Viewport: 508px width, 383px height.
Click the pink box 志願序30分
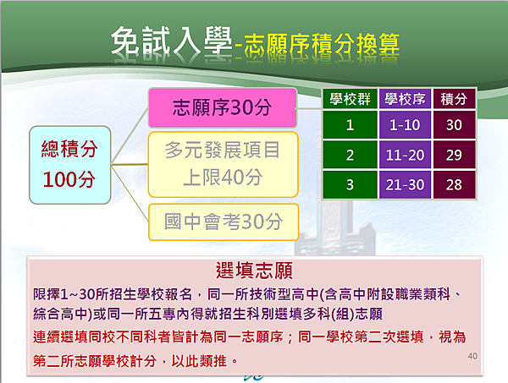[x=223, y=107]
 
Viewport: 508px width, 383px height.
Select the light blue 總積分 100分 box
[x=70, y=165]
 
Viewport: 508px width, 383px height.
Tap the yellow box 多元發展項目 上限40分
[x=223, y=164]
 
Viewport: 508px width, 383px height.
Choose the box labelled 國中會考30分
[x=224, y=222]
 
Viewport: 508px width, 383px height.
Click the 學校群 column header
[x=350, y=99]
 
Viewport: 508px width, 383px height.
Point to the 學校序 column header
[x=405, y=99]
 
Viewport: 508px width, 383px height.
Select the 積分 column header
[x=454, y=99]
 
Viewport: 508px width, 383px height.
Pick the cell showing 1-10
[x=405, y=125]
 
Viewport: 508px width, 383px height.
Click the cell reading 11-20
[x=405, y=155]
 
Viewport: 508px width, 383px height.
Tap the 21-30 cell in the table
[x=405, y=184]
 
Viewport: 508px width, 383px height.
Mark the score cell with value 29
[x=454, y=155]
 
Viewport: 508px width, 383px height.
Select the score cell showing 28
[x=454, y=184]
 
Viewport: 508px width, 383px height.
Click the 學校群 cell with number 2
[x=350, y=155]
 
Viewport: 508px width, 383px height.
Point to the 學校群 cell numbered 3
[x=350, y=184]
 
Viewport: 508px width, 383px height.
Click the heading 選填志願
[x=254, y=271]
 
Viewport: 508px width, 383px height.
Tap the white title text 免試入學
[x=171, y=41]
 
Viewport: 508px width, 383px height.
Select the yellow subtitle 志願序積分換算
[x=322, y=45]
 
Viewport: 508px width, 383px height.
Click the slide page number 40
[x=472, y=356]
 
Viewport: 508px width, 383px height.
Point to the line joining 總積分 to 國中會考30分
[x=130, y=193]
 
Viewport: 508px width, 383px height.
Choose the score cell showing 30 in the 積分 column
[x=454, y=125]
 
